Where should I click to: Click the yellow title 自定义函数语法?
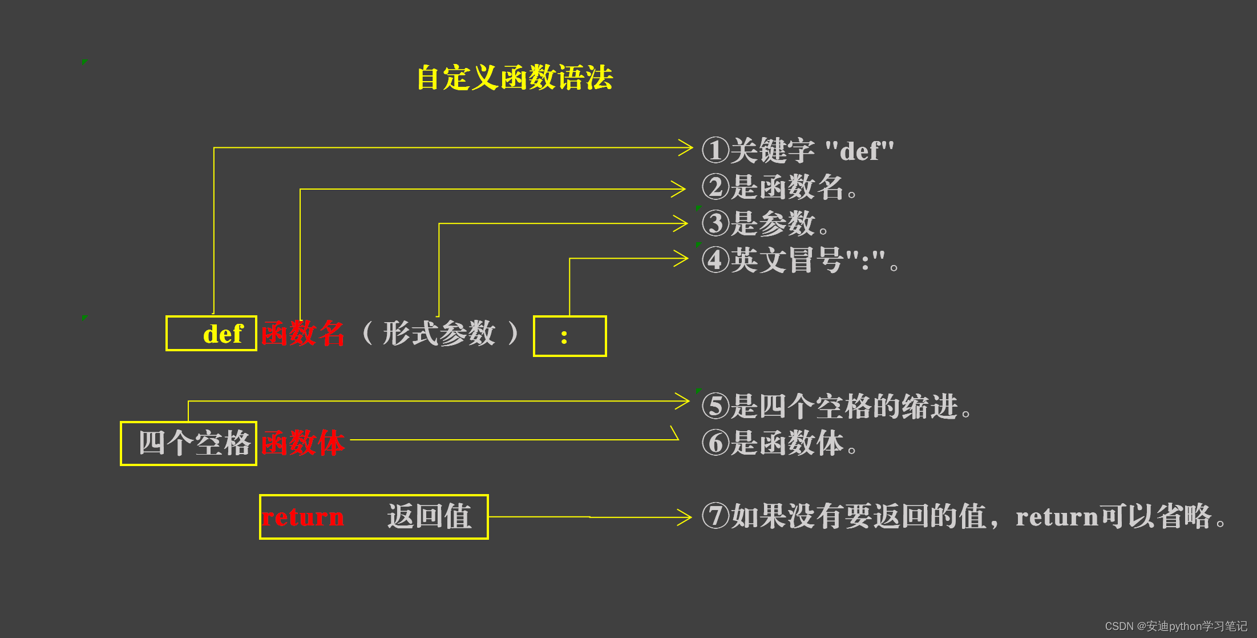(515, 77)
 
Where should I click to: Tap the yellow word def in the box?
(223, 334)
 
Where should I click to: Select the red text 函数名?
(303, 334)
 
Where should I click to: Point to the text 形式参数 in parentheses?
(439, 333)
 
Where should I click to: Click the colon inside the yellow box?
(564, 337)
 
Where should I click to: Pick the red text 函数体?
(303, 443)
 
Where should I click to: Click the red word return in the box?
(303, 517)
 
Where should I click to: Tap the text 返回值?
(429, 517)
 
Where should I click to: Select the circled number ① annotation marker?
(716, 150)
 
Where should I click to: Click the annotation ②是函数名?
(779, 187)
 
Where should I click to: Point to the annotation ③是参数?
(765, 223)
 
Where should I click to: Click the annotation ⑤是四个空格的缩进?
(836, 407)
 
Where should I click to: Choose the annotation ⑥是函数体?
(779, 443)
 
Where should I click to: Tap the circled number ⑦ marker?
(716, 516)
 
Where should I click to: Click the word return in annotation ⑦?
(1057, 517)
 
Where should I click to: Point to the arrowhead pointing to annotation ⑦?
(684, 517)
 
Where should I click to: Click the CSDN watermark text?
(1175, 626)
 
